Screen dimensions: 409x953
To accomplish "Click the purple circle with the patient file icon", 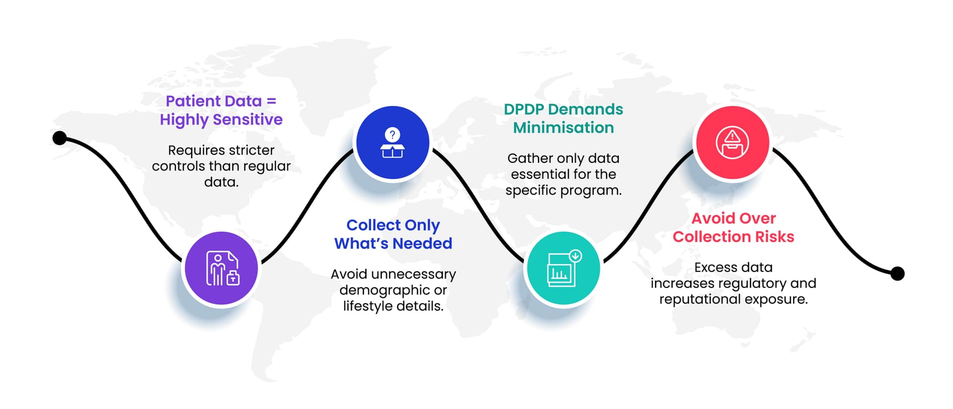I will click(x=221, y=268).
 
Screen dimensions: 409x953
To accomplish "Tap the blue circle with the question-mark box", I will click(x=393, y=143).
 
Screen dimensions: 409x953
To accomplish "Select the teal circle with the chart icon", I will click(x=563, y=268).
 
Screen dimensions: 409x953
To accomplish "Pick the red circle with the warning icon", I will click(x=733, y=143).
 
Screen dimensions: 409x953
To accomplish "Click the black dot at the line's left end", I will click(x=60, y=138).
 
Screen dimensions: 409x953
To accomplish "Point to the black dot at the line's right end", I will click(x=897, y=273).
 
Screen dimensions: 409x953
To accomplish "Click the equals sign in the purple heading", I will click(x=271, y=101).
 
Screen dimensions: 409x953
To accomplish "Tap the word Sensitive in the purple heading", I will click(x=248, y=119).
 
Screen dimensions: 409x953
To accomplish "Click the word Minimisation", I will click(x=563, y=128).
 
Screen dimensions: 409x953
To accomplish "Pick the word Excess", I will click(x=713, y=267).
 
